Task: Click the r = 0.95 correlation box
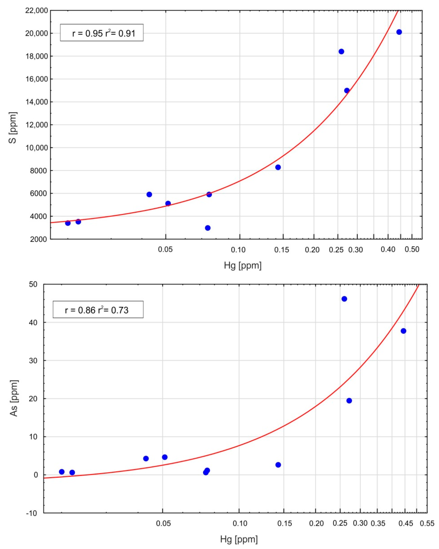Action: pos(102,33)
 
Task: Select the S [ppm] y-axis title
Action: pos(13,127)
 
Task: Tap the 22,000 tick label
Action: pos(36,11)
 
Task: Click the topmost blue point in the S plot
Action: pos(399,32)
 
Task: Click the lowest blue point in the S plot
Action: pos(208,228)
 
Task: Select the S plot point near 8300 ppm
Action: pos(278,167)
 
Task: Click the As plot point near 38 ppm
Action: pos(403,331)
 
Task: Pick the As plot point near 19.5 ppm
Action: pos(349,401)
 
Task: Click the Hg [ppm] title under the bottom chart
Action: pos(239,539)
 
